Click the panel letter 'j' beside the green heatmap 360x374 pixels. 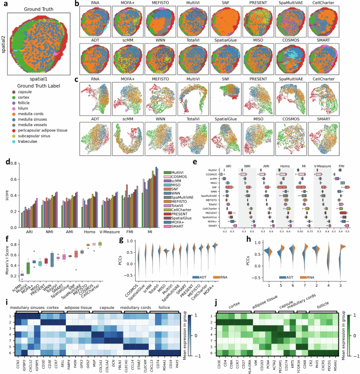187,300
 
